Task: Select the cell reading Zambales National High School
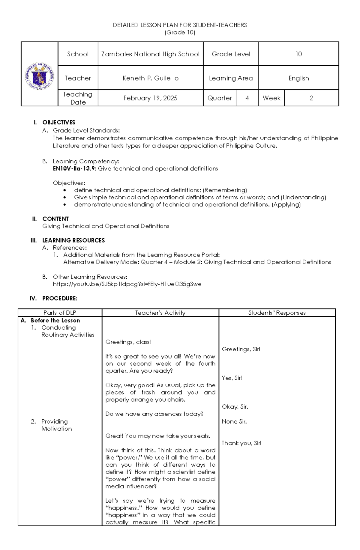150,54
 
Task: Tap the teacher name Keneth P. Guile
150,78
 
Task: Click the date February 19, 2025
150,98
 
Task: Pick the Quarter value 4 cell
247,98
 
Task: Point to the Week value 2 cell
311,98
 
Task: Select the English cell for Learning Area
298,78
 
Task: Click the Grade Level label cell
231,54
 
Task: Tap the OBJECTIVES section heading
58,122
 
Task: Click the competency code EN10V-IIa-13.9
74,168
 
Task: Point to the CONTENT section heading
55,219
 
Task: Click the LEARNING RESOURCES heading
73,240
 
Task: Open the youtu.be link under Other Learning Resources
127,284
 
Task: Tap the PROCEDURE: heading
60,298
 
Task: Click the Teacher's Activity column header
160,313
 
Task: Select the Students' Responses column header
277,313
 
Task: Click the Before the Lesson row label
55,320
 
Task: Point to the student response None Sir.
234,421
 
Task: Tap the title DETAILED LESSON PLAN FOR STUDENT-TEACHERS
180,25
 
